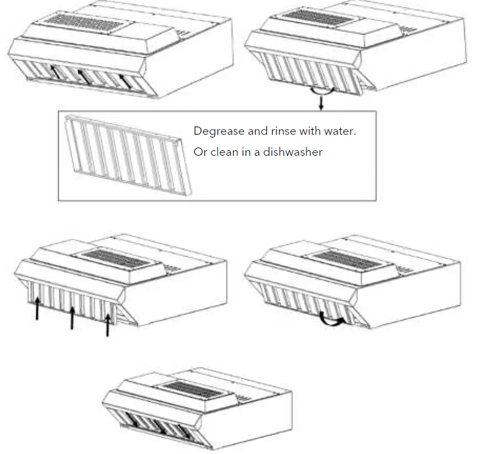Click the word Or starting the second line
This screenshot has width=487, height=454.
coord(200,152)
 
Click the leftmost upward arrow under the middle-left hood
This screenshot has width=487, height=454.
coord(37,308)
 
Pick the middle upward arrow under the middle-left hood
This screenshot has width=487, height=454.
coord(72,317)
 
